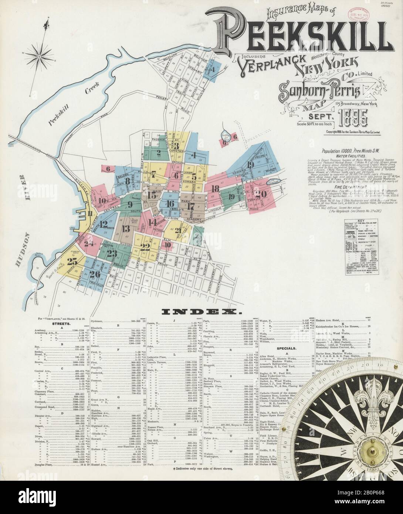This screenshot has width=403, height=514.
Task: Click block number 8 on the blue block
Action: click(128, 181)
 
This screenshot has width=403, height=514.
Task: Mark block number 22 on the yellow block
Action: click(145, 247)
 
